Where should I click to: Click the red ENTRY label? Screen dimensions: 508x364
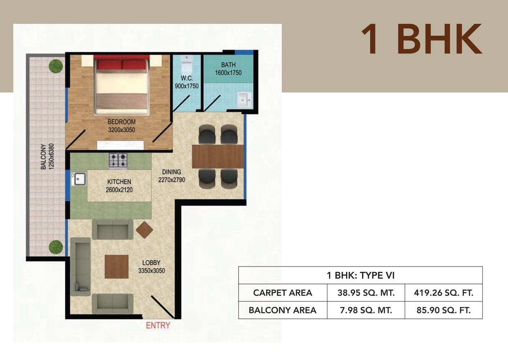click(158, 325)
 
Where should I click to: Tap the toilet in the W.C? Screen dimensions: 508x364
click(187, 63)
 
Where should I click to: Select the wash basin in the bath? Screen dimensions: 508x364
click(244, 99)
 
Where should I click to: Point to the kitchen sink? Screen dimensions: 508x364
click(79, 179)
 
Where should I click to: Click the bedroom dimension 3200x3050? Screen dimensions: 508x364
click(122, 130)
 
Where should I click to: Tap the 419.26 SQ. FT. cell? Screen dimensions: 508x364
click(444, 293)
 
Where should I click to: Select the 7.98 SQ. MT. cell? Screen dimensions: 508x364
click(366, 310)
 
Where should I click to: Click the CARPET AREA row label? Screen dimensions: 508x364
click(283, 293)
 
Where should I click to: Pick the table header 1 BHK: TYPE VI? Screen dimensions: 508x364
click(361, 275)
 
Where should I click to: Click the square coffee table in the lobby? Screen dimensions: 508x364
click(117, 267)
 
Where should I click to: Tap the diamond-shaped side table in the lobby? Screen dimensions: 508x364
click(145, 230)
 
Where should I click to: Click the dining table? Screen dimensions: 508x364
click(218, 157)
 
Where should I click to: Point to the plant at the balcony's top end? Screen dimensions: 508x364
click(55, 66)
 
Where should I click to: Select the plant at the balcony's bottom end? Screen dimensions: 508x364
click(56, 247)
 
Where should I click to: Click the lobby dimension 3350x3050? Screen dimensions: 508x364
click(152, 271)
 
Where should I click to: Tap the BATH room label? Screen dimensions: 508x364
click(228, 65)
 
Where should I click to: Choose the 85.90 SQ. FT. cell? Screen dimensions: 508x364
click(444, 310)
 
